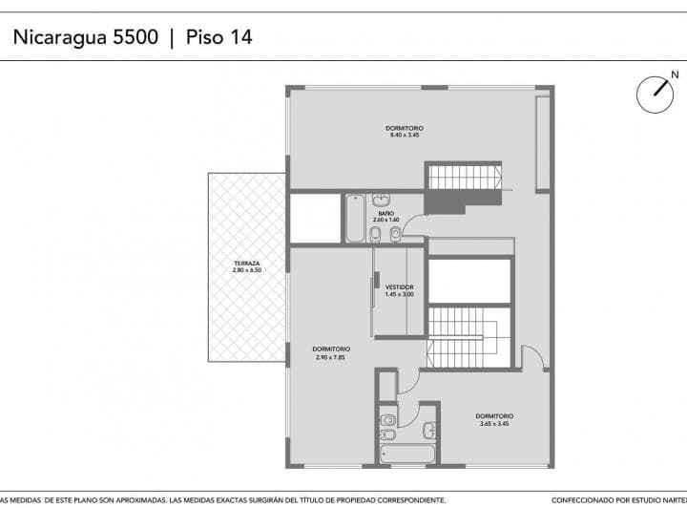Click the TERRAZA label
[246, 264]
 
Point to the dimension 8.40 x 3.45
[405, 136]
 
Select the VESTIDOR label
[399, 286]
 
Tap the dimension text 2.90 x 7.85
[330, 356]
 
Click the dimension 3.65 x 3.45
[495, 423]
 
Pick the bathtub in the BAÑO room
[354, 219]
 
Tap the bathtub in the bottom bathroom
[407, 453]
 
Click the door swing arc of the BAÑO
[414, 225]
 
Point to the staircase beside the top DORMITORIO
[464, 177]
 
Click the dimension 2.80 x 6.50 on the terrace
[246, 270]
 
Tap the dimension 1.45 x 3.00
[399, 294]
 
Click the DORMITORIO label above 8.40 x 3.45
[405, 128]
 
